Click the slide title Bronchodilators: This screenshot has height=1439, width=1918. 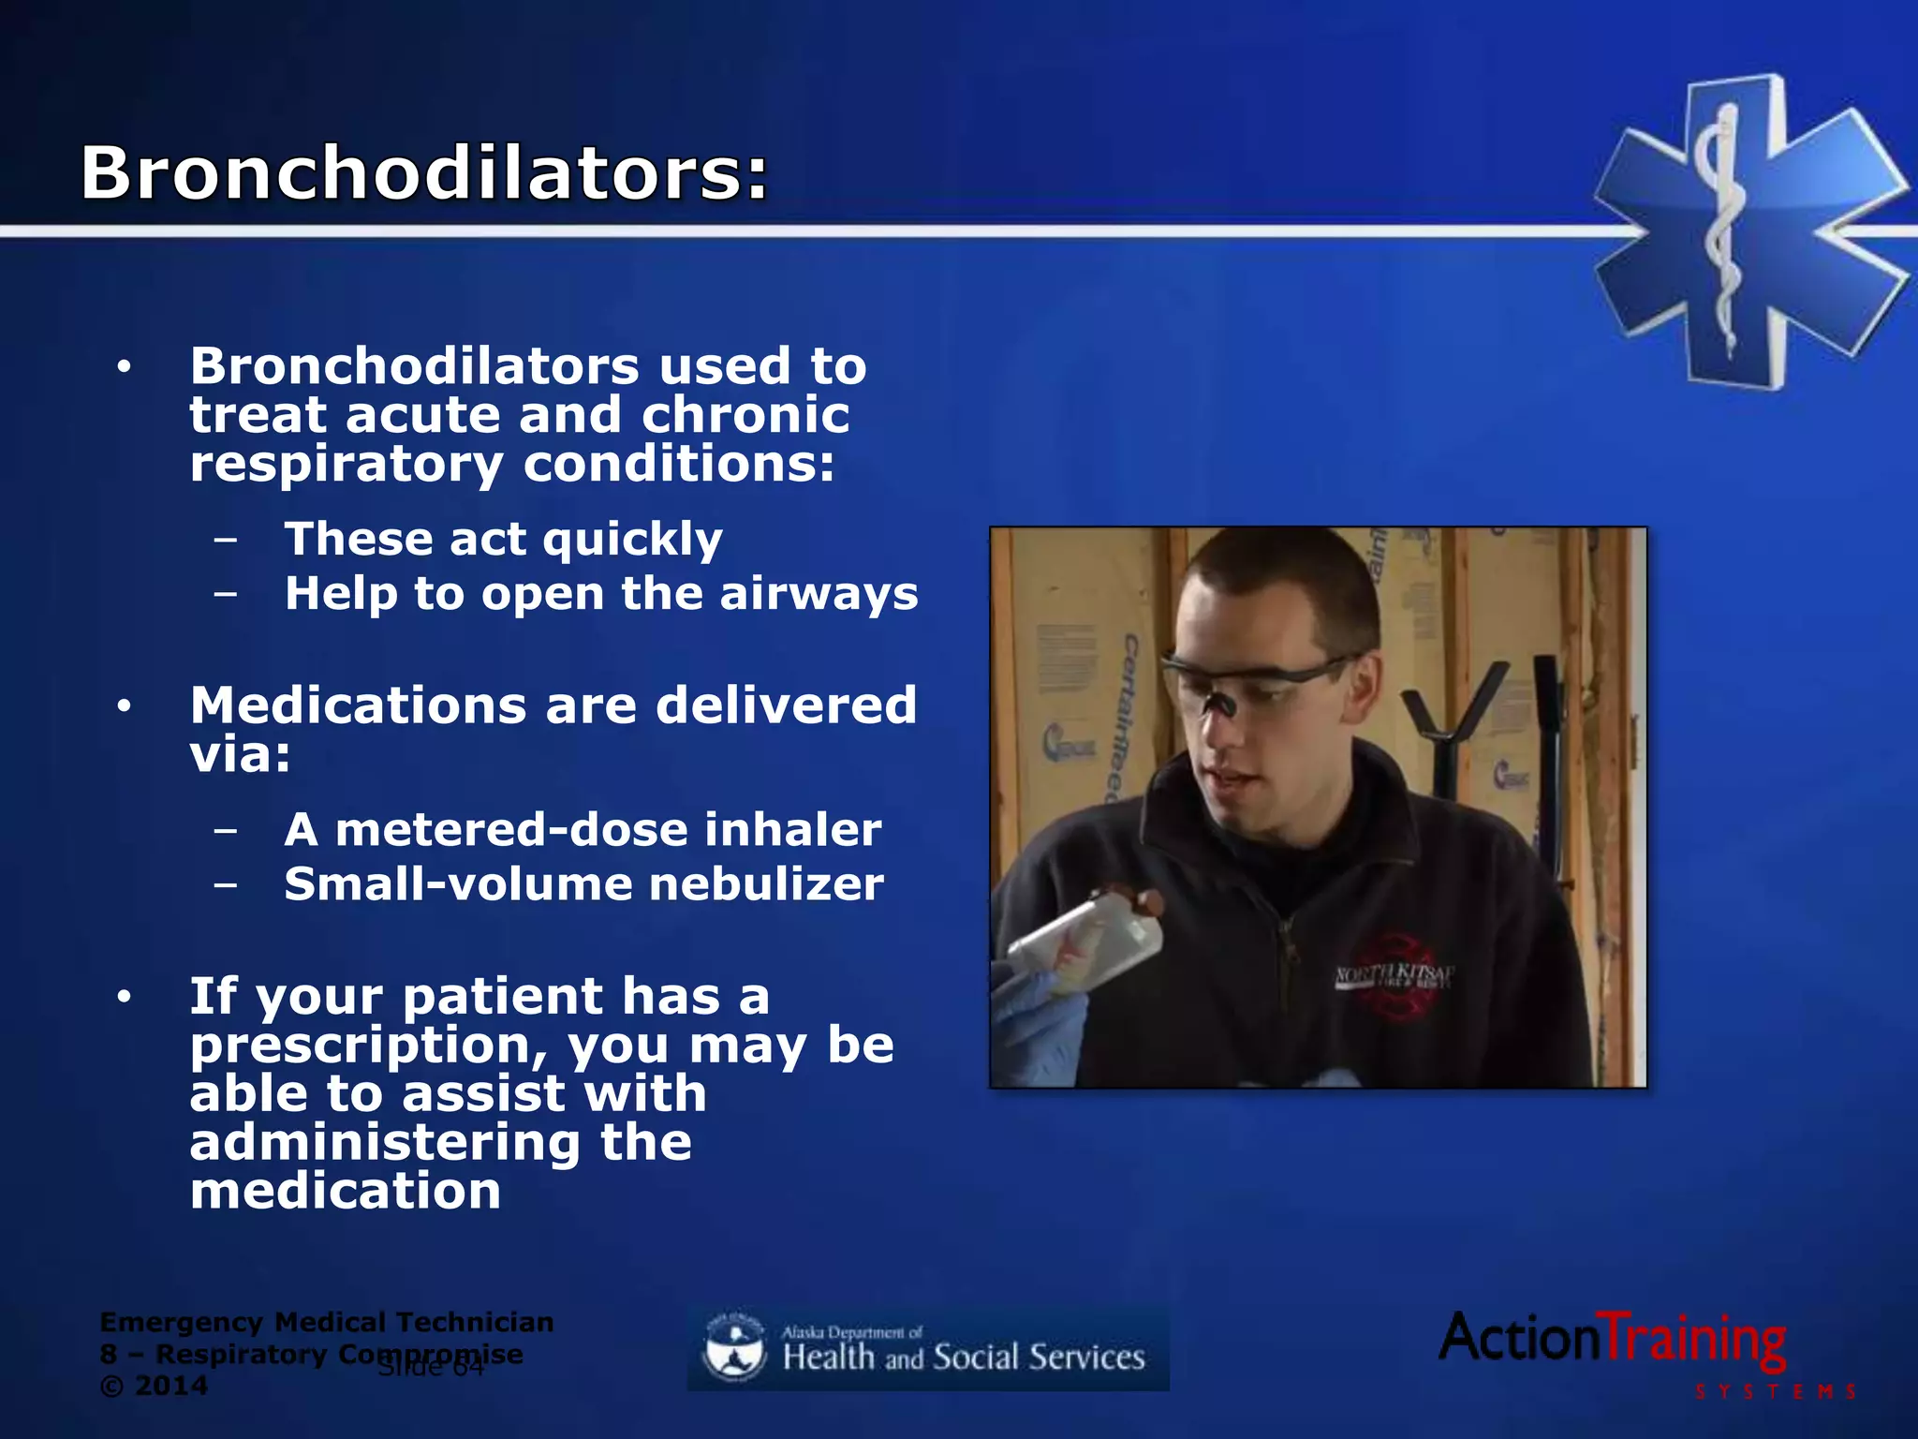click(423, 173)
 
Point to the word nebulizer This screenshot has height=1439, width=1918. click(765, 884)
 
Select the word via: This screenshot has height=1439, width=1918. click(240, 754)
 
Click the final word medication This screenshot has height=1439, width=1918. click(345, 1192)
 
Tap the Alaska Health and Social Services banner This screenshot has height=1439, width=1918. click(927, 1349)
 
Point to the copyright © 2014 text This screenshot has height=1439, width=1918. click(154, 1387)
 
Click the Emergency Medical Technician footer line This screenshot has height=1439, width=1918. click(326, 1323)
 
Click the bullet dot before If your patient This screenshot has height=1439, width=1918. click(124, 998)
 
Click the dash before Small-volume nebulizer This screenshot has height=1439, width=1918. click(225, 884)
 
